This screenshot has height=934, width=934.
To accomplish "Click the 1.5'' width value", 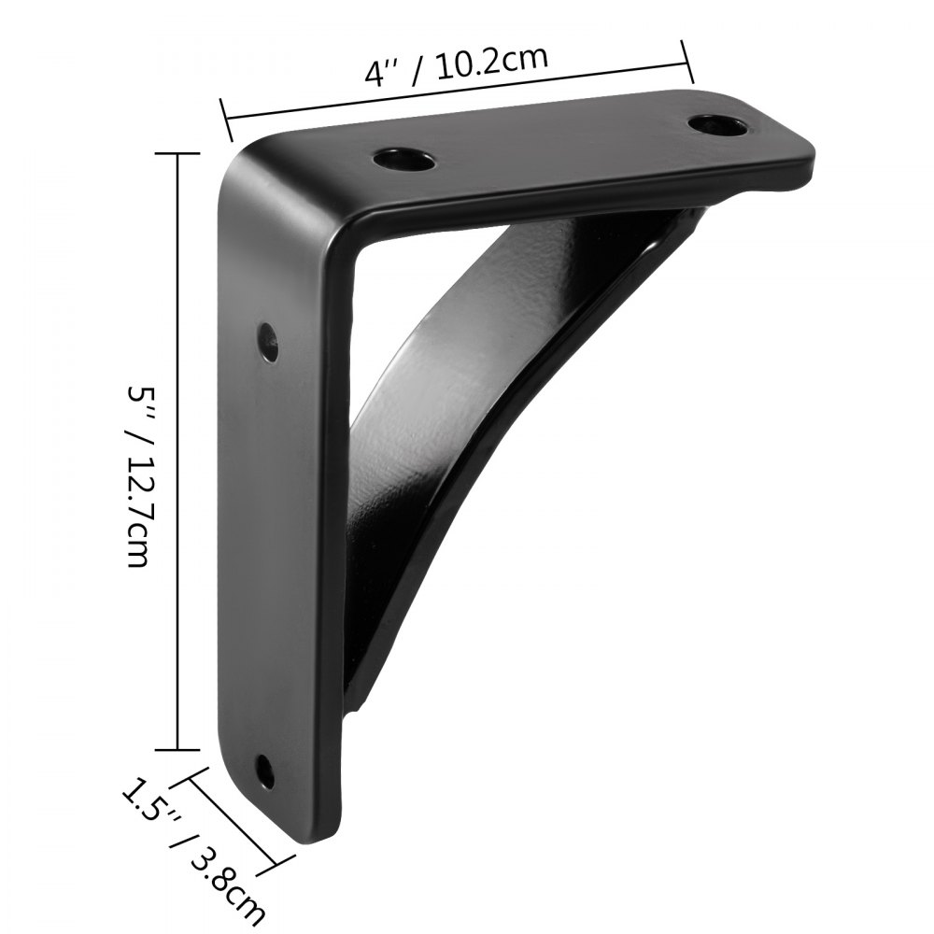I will [x=149, y=799].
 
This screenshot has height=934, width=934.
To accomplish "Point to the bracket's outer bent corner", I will [x=245, y=159].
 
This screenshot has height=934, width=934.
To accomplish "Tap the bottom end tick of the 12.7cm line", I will [x=178, y=748].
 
